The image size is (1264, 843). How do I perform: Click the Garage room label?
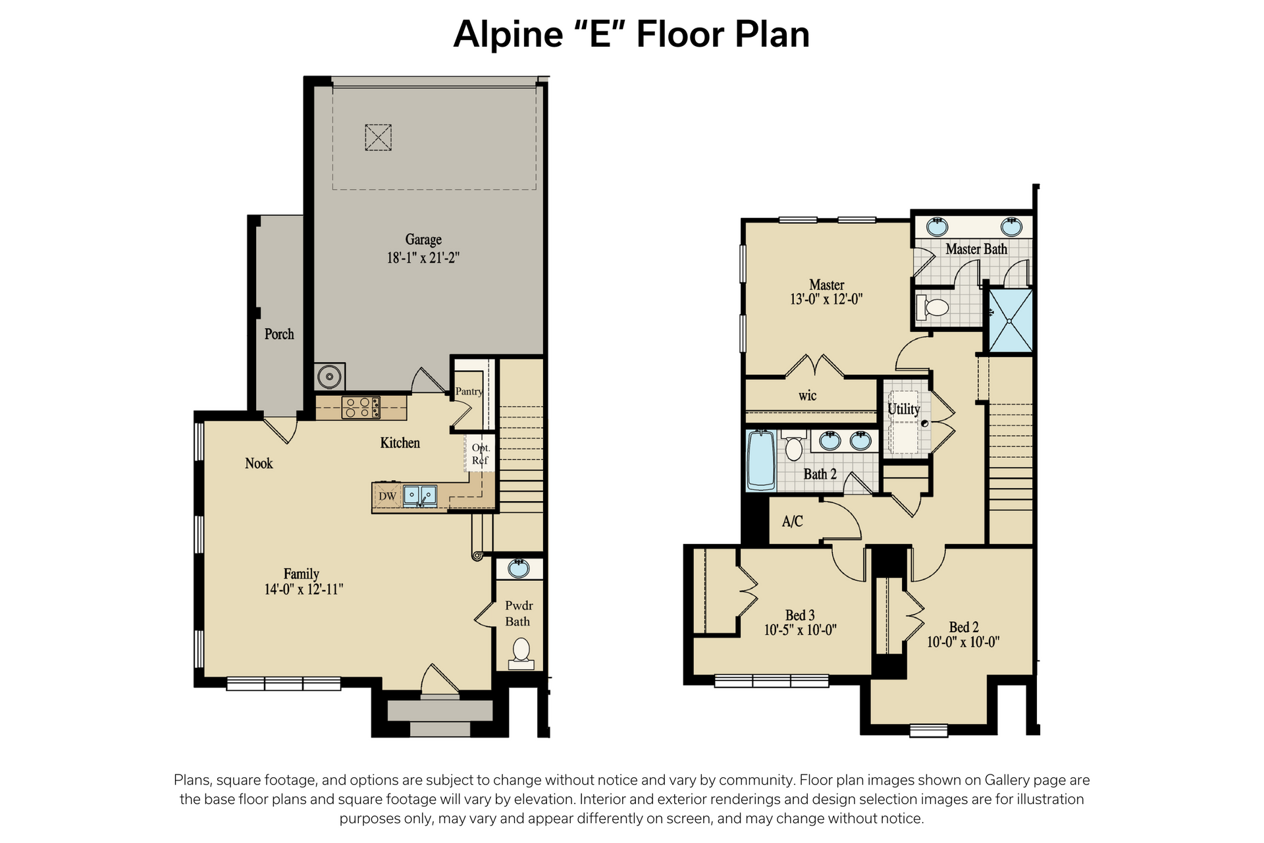[x=423, y=240]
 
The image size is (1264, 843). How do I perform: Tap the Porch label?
[x=279, y=334]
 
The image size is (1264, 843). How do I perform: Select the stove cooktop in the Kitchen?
[x=361, y=408]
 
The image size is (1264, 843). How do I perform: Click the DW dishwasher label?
[x=388, y=496]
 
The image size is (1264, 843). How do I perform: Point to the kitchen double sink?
[x=420, y=495]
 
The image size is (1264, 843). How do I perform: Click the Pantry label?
[x=469, y=391]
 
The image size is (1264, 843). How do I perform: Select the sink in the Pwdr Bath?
[x=519, y=568]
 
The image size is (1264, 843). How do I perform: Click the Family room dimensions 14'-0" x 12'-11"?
[x=303, y=589]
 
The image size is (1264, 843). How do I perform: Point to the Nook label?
[x=259, y=463]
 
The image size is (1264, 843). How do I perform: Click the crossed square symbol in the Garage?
[x=379, y=138]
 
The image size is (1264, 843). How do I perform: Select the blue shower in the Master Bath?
[x=1008, y=320]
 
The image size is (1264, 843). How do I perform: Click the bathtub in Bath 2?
[x=762, y=460]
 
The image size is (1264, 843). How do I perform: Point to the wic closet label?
[x=808, y=396]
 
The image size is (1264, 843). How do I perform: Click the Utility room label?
[x=904, y=409]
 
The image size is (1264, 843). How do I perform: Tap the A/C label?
[x=793, y=522]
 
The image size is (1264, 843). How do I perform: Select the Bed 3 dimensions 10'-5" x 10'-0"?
[x=801, y=630]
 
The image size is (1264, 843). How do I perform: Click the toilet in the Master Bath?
[x=932, y=307]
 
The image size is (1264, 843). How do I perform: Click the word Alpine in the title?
[x=508, y=36]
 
